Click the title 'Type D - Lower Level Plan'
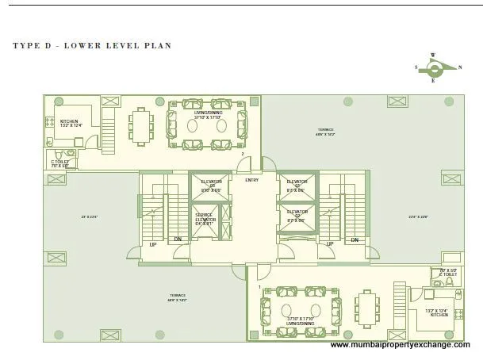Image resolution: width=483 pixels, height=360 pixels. click(x=91, y=46)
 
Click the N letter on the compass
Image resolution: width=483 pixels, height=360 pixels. click(x=460, y=67)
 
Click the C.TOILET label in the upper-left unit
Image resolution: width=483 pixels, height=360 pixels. click(x=59, y=163)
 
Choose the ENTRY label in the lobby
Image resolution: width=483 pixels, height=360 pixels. click(x=252, y=180)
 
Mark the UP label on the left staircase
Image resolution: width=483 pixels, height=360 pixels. click(x=153, y=244)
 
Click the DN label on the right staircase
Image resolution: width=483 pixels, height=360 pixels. click(x=355, y=240)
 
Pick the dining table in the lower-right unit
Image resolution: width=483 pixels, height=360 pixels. click(x=366, y=304)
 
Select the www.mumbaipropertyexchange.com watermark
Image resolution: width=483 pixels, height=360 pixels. click(x=400, y=345)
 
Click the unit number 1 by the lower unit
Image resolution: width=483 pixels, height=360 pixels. click(x=258, y=277)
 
